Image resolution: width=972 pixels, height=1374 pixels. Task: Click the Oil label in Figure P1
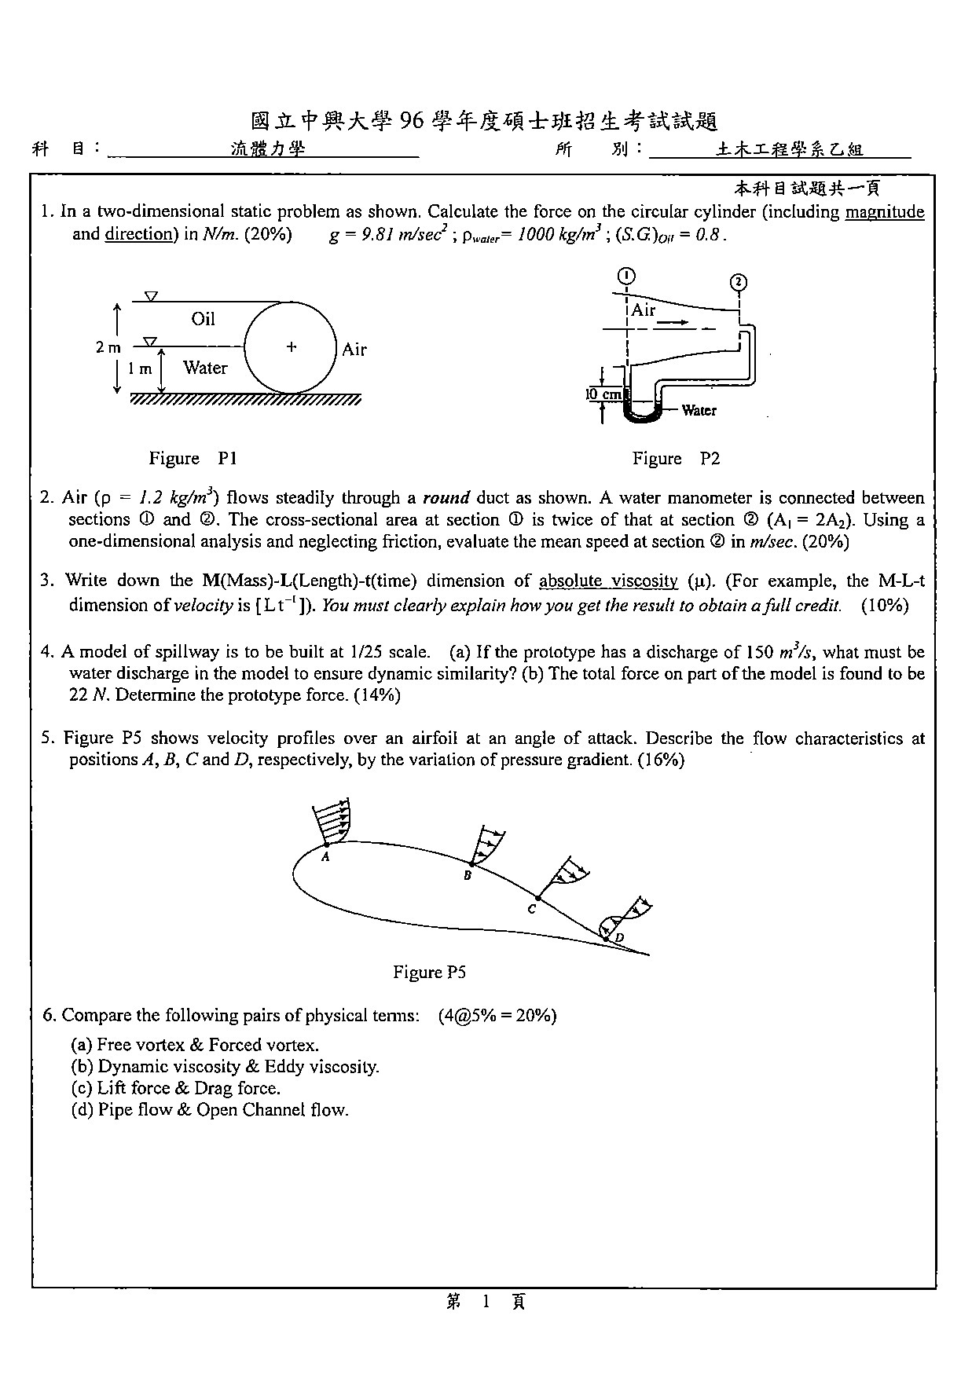click(x=203, y=318)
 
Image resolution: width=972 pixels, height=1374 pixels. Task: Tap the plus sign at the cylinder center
click(x=292, y=346)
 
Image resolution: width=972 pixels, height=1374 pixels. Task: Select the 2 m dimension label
click(x=108, y=347)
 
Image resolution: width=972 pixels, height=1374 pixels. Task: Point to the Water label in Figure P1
click(x=205, y=368)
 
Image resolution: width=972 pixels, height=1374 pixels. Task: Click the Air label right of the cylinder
click(x=354, y=350)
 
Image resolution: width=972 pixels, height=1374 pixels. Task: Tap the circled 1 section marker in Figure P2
click(x=626, y=276)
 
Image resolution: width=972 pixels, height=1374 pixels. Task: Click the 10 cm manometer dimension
click(x=603, y=394)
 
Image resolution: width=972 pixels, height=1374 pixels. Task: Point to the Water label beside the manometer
click(x=699, y=410)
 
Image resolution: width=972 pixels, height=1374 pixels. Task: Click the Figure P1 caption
click(x=193, y=458)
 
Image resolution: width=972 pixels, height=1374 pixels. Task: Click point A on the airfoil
click(x=326, y=856)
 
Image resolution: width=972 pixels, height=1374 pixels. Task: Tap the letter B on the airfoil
click(x=468, y=875)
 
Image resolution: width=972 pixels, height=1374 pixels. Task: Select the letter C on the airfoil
click(x=532, y=909)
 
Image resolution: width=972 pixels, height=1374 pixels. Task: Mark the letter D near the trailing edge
click(x=619, y=938)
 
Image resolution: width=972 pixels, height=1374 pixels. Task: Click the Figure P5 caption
click(x=429, y=972)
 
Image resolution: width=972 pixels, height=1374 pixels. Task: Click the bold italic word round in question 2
click(x=446, y=498)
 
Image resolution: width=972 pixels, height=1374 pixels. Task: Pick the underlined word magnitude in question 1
click(x=885, y=212)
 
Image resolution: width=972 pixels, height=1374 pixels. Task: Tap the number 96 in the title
click(x=412, y=121)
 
